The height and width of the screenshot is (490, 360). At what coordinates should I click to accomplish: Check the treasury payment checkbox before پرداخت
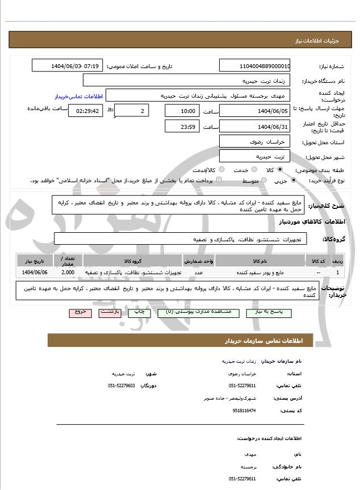tap(219, 180)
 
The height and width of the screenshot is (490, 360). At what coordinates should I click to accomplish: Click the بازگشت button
tap(108, 312)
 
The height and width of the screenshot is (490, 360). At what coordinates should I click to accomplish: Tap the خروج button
tap(79, 312)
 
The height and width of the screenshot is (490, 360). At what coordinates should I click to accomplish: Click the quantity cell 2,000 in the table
tap(68, 273)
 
